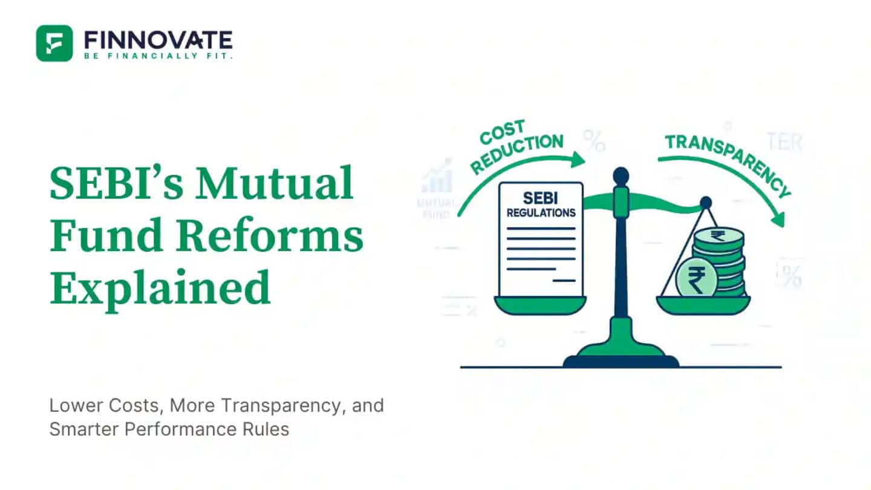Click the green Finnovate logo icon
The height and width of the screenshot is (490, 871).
click(x=54, y=43)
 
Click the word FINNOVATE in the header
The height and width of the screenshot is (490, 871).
click(x=158, y=40)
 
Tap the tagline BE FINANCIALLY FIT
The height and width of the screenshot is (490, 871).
click(x=158, y=56)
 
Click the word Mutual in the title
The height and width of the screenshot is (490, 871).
click(x=275, y=183)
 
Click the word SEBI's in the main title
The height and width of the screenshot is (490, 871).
click(x=117, y=183)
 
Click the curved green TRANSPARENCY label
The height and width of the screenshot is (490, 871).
click(x=728, y=163)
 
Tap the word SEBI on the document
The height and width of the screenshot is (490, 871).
click(x=541, y=198)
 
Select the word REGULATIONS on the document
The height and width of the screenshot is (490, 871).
click(x=541, y=213)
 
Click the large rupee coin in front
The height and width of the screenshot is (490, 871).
click(x=696, y=277)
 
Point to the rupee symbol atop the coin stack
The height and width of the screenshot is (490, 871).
click(x=717, y=235)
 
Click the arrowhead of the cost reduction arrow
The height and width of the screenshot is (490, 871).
click(x=578, y=160)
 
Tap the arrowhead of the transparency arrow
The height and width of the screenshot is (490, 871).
click(x=779, y=220)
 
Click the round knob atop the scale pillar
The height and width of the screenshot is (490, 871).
click(x=621, y=176)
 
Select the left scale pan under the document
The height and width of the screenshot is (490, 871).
click(x=540, y=305)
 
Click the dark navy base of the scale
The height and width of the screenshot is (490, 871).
click(x=621, y=361)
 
